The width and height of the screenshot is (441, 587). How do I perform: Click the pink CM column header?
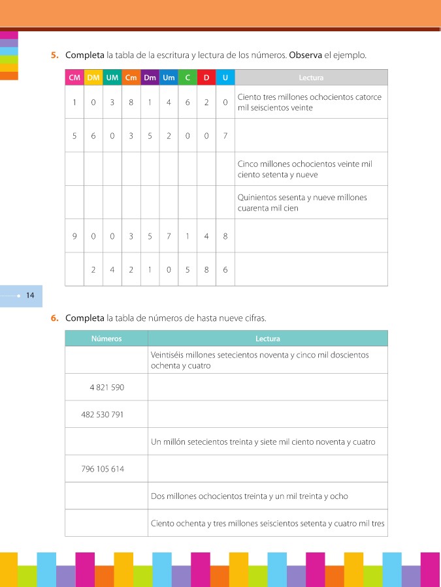pyautogui.click(x=74, y=78)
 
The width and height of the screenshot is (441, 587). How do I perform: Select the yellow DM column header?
pyautogui.click(x=93, y=78)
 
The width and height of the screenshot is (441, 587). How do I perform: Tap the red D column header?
pyautogui.click(x=206, y=78)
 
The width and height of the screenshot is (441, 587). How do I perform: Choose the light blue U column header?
pyautogui.click(x=225, y=78)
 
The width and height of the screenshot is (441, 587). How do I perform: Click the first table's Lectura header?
pyautogui.click(x=311, y=78)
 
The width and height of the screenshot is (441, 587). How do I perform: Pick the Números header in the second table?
pyautogui.click(x=106, y=339)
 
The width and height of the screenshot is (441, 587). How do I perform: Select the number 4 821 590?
pyautogui.click(x=106, y=387)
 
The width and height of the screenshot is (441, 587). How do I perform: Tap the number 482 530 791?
pyautogui.click(x=103, y=415)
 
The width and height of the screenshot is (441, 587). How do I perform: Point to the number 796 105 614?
pyautogui.click(x=103, y=469)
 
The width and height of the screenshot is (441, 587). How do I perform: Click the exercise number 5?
pyautogui.click(x=56, y=55)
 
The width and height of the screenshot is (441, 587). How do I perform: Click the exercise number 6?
pyautogui.click(x=56, y=319)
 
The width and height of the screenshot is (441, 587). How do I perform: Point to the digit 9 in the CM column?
pyautogui.click(x=74, y=236)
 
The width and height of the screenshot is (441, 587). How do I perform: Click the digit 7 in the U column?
pyautogui.click(x=225, y=136)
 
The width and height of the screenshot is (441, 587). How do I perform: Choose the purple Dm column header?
pyautogui.click(x=150, y=78)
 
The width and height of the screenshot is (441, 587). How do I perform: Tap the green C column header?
pyautogui.click(x=188, y=78)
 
